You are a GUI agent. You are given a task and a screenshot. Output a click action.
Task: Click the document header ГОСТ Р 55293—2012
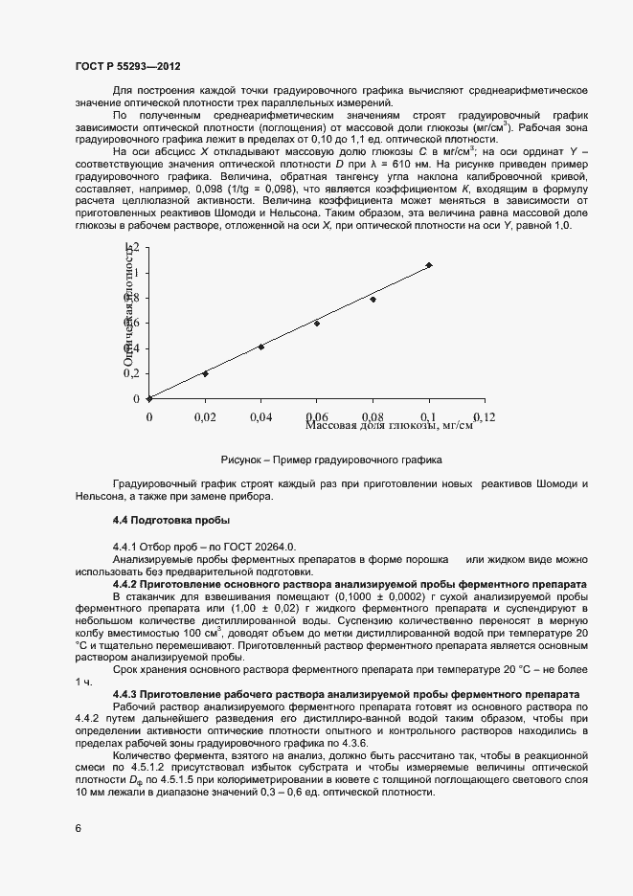point(127,66)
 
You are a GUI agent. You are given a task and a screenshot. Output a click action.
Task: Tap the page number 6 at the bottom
point(78,828)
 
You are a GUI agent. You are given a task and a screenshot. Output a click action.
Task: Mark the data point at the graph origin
point(149,398)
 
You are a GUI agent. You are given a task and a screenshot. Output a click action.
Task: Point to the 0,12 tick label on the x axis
point(485,417)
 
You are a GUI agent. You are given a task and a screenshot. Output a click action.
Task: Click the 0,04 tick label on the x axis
point(260,417)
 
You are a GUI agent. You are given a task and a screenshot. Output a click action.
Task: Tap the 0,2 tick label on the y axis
point(131,373)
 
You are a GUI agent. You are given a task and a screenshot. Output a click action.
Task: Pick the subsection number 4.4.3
point(128,692)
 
